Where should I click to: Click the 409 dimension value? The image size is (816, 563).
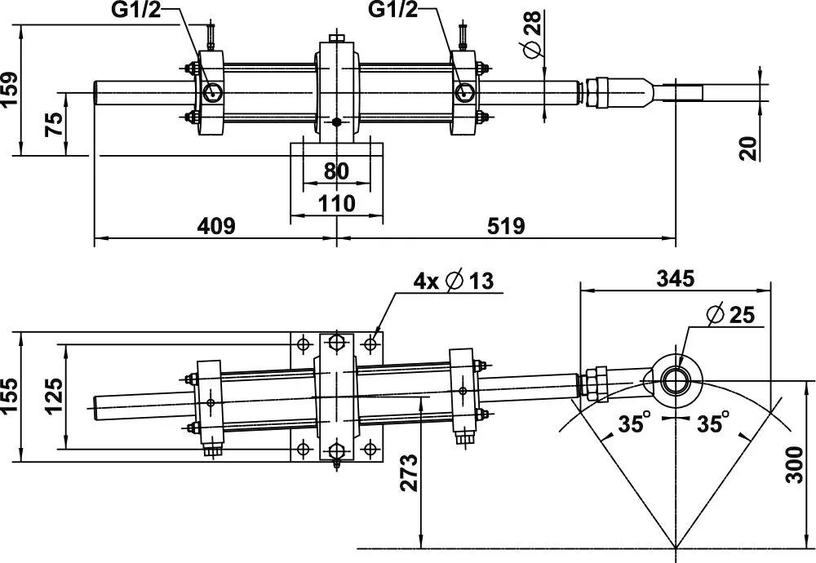pyautogui.click(x=215, y=226)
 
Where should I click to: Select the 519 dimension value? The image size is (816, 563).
pyautogui.click(x=505, y=226)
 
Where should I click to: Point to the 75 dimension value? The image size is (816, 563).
pyautogui.click(x=54, y=123)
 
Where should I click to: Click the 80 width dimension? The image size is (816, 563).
pyautogui.click(x=336, y=171)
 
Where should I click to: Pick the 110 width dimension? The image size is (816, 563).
pyautogui.click(x=336, y=202)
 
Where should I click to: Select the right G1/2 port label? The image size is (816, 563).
pyautogui.click(x=396, y=11)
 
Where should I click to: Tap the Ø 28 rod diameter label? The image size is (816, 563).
pyautogui.click(x=532, y=38)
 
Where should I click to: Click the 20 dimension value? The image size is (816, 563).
pyautogui.click(x=750, y=148)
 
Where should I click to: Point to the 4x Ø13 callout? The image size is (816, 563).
pyautogui.click(x=454, y=281)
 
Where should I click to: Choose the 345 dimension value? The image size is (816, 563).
pyautogui.click(x=676, y=278)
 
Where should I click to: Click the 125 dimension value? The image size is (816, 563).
pyautogui.click(x=54, y=396)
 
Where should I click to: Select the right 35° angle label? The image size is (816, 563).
pyautogui.click(x=712, y=423)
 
